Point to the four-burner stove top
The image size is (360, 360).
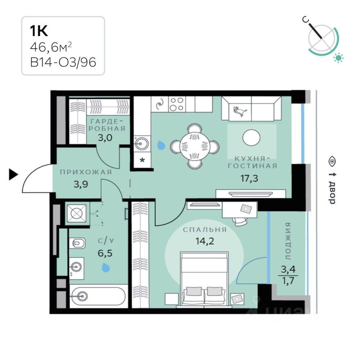tap(177, 104)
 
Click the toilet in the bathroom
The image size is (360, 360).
tap(77, 244)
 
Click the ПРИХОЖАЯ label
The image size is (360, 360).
tap(85, 172)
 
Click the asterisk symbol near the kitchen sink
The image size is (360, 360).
tap(142, 160)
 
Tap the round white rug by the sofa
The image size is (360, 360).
tap(252, 137)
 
